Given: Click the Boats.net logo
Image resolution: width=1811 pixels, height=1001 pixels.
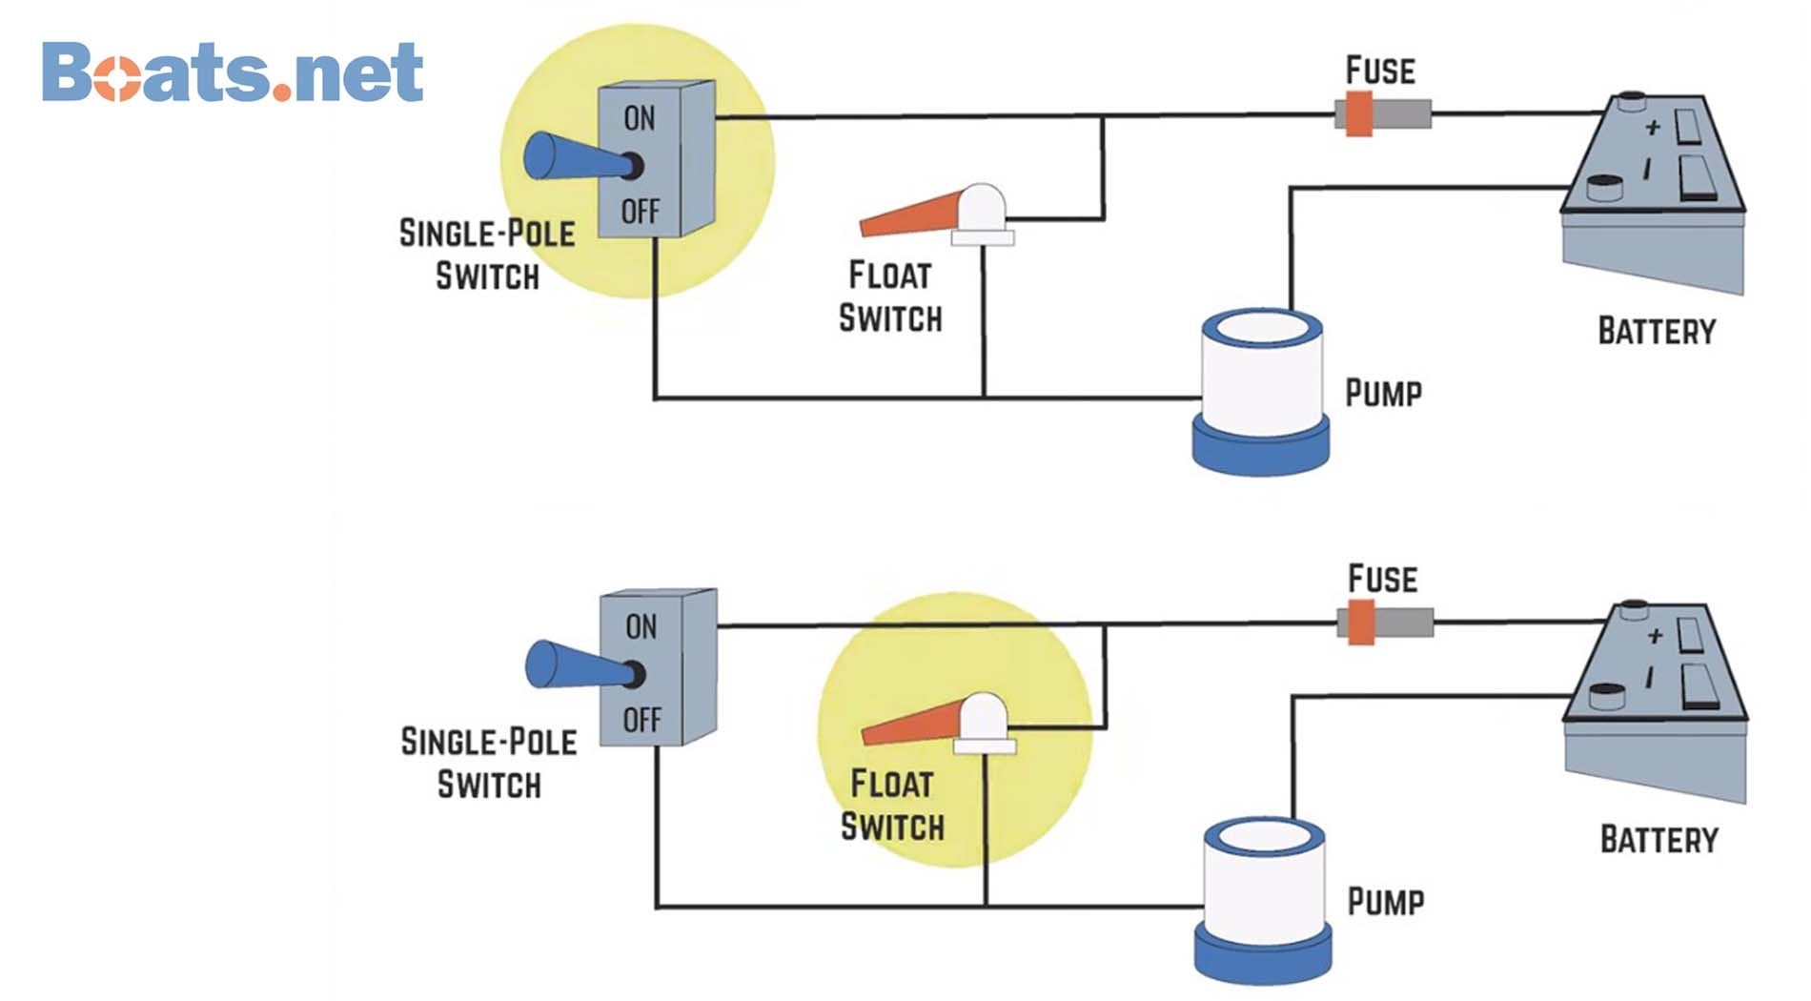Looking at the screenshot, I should point(232,72).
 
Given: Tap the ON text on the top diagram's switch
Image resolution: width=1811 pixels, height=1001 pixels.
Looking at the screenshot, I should point(640,118).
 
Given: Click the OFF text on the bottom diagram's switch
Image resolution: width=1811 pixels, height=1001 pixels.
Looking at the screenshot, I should point(641,720).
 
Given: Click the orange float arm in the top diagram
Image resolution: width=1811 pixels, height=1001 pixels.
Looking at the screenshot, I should point(911,214).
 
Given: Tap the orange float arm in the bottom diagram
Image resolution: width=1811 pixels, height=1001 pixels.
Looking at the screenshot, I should point(913,723).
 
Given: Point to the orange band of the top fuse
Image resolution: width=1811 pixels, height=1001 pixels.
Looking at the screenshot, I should point(1359,114).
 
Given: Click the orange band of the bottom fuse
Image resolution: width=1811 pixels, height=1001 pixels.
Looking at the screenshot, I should point(1361,623).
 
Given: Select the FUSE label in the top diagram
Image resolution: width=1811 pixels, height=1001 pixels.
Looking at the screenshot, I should point(1380,71).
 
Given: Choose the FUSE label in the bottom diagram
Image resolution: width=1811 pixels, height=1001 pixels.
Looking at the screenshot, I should point(1382,579).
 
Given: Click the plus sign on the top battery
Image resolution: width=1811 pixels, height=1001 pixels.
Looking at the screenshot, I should point(1653,127).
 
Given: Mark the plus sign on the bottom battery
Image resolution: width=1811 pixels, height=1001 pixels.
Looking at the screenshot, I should point(1655,635).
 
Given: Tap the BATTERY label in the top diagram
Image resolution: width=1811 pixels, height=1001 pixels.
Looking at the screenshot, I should point(1657,332).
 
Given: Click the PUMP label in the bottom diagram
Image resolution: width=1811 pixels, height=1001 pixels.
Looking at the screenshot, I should point(1386,902).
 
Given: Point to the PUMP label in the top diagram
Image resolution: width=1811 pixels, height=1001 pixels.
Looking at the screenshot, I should point(1383,393).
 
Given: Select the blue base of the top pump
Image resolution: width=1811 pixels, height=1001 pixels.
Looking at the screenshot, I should point(1260,448).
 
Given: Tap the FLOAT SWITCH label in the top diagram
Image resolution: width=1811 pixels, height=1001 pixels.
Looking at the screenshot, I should point(890,296).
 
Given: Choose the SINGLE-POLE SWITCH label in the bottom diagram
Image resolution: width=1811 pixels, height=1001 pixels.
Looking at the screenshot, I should point(489,763).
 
